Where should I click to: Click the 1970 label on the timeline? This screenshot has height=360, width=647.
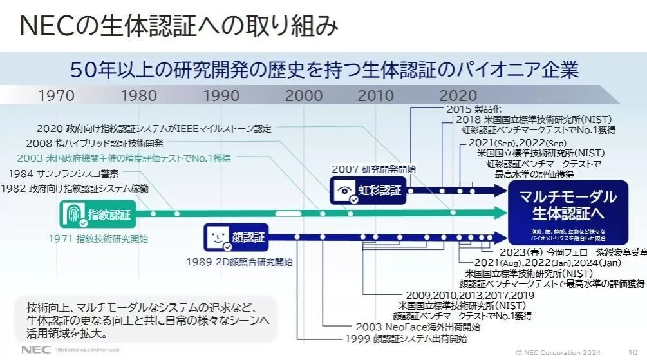pos(56,96)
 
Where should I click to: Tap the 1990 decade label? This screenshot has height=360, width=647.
pos(221,96)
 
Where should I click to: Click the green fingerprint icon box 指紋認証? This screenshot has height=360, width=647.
pos(97,214)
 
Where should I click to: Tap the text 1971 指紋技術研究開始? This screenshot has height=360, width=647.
pos(98,239)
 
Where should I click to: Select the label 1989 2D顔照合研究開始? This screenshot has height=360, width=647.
pos(239,261)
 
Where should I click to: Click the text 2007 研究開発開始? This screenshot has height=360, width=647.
pos(373,169)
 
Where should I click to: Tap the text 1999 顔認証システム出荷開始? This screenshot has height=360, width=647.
pos(406,339)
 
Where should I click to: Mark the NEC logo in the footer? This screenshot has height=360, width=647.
pos(32,350)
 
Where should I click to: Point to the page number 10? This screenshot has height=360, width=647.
pos(633,352)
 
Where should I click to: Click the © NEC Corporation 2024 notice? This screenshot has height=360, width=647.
pos(559,352)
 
